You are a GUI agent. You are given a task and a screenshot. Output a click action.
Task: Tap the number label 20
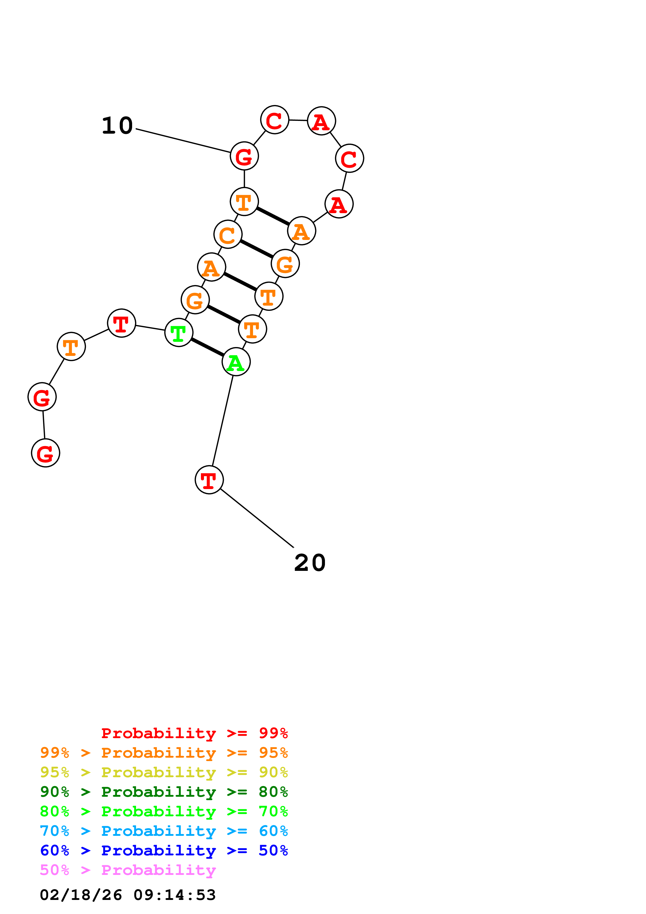[x=310, y=563]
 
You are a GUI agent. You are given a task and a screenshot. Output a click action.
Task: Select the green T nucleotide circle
[x=179, y=332]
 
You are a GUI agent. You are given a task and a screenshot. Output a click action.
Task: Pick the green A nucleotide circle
[x=236, y=362]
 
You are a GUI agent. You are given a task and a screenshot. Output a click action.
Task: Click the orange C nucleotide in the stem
[x=228, y=234]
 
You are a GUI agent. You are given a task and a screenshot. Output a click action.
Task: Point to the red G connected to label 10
[x=244, y=156]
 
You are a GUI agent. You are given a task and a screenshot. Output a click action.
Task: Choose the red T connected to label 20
[x=209, y=480]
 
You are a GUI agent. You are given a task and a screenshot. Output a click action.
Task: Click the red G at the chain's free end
[x=45, y=453]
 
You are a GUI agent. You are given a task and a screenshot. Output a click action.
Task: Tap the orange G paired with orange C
[x=285, y=263]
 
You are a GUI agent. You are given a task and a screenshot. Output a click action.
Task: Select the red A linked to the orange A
[x=339, y=204]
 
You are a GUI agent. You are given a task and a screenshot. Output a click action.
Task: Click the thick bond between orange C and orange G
[x=256, y=249]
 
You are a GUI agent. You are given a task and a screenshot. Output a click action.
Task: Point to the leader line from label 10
[x=183, y=140]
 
